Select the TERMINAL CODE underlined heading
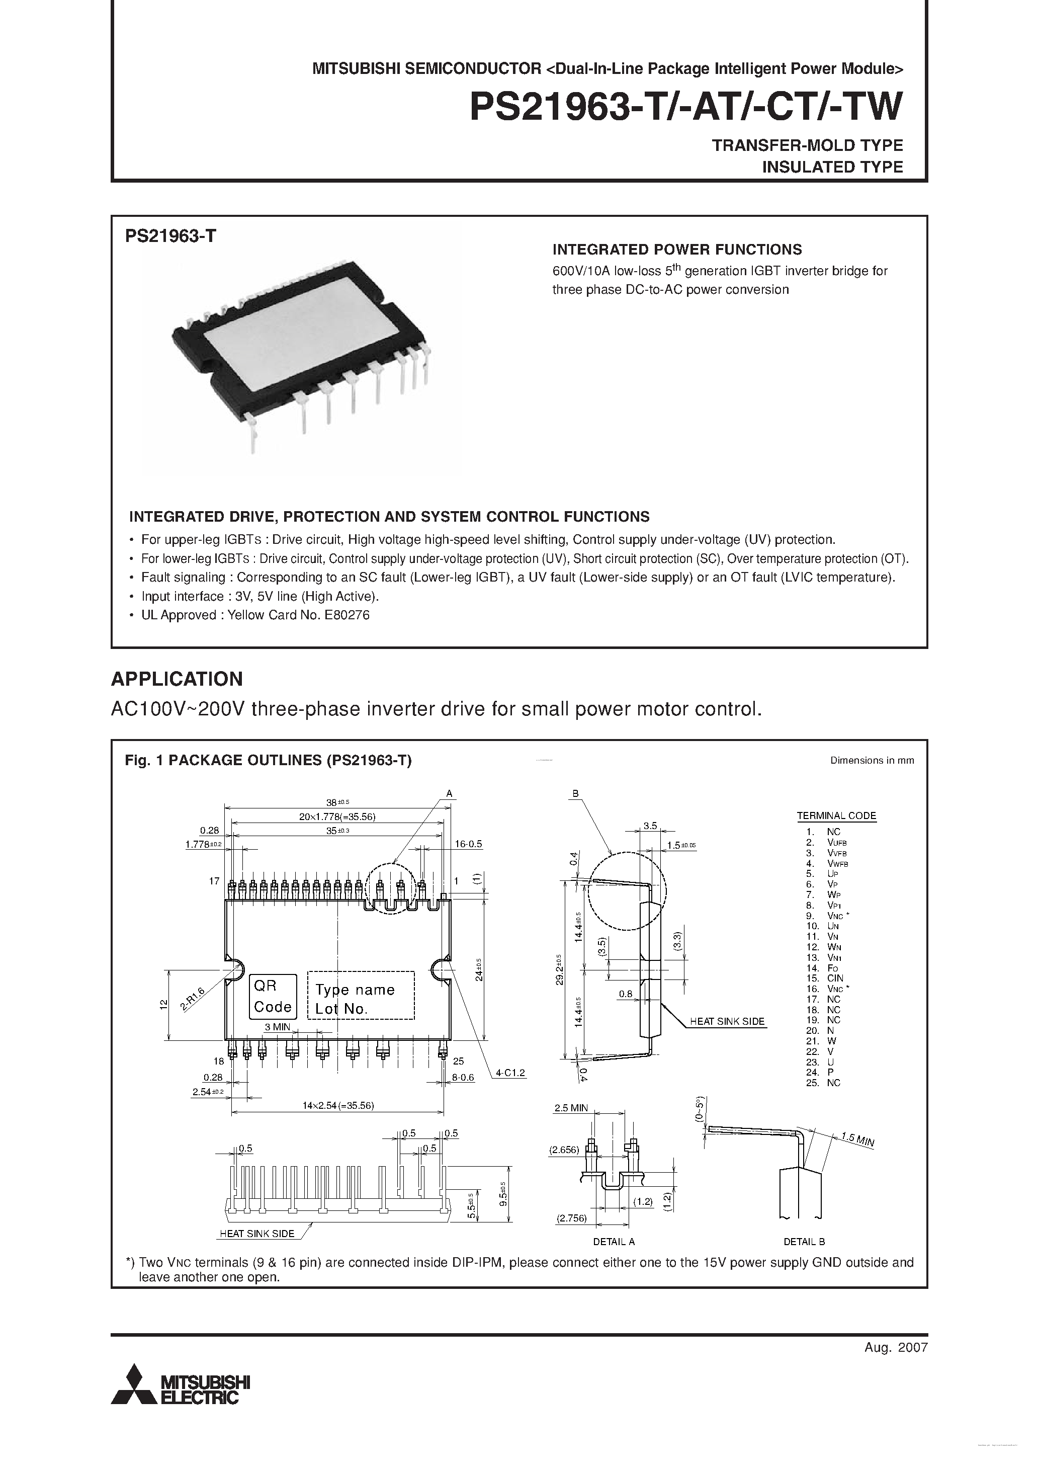coord(836,815)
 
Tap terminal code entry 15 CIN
coord(826,978)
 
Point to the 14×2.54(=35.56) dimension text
coord(338,1105)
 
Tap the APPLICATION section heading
coord(177,679)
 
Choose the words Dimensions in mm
coord(872,761)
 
